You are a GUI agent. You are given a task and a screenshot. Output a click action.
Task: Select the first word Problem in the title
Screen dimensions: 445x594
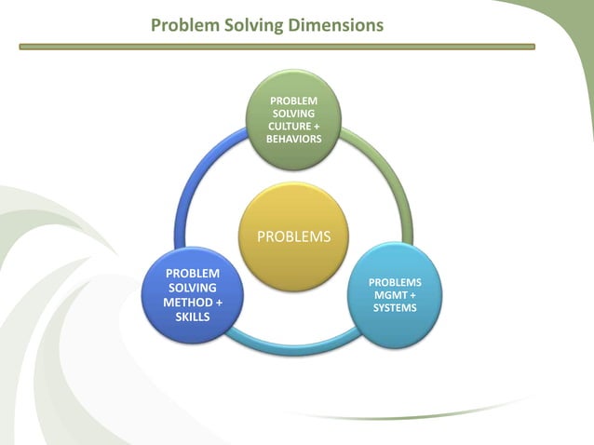click(186, 24)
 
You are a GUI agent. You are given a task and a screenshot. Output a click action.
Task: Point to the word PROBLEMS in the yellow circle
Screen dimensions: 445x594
click(292, 236)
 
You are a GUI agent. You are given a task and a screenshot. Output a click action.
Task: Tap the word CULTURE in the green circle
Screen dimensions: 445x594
click(290, 126)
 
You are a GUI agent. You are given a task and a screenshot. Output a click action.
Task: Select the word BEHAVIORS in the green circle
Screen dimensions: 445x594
click(293, 139)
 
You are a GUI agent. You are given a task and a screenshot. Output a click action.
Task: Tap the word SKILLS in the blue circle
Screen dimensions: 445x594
click(193, 317)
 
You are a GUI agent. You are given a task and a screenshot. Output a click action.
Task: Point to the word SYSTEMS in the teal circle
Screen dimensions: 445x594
click(395, 308)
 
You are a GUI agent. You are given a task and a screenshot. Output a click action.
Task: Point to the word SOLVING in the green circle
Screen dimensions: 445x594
click(293, 113)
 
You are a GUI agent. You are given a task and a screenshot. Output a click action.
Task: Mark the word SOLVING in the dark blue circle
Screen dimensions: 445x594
click(193, 289)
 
